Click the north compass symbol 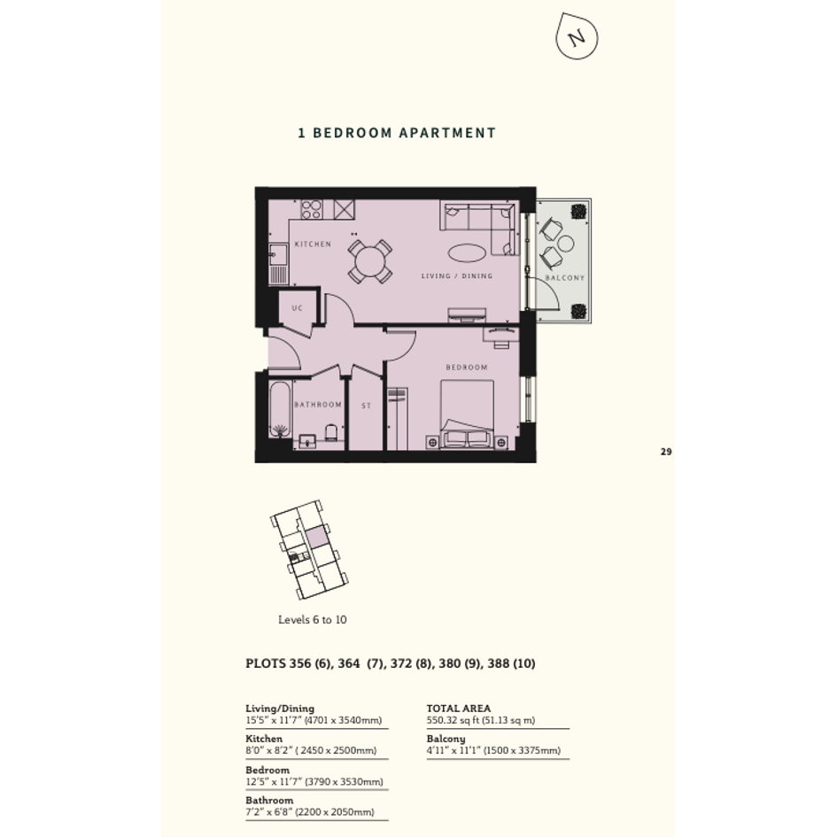(x=577, y=36)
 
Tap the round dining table (x=370, y=261)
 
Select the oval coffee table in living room (x=467, y=252)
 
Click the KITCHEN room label (x=313, y=244)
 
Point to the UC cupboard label (x=298, y=308)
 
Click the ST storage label (x=366, y=406)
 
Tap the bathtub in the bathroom (x=280, y=409)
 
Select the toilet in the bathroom (x=331, y=432)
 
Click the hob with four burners (x=312, y=209)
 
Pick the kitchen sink (x=278, y=255)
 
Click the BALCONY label (x=565, y=277)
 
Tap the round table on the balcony (x=565, y=244)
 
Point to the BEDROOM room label (x=467, y=368)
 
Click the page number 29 (x=666, y=452)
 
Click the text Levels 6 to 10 (x=313, y=620)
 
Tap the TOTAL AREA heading (x=459, y=709)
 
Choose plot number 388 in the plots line (x=499, y=663)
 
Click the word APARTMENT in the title (x=448, y=133)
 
